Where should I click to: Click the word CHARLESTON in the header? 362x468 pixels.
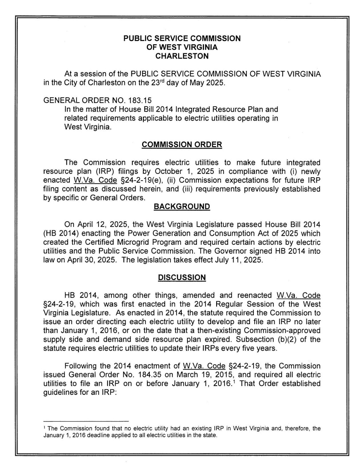point(182,56)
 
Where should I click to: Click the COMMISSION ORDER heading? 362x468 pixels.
point(182,145)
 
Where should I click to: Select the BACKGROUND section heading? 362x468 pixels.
point(182,207)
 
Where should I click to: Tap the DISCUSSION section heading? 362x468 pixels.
point(182,278)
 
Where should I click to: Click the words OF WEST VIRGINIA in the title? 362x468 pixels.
point(182,47)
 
